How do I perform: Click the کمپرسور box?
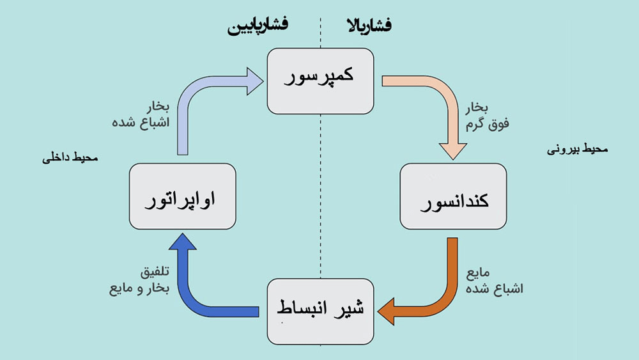click(320, 82)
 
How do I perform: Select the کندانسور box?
click(453, 196)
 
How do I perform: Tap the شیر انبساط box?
click(320, 310)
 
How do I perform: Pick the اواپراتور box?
click(182, 196)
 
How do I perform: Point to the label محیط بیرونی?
click(578, 150)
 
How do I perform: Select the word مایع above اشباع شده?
click(481, 274)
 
